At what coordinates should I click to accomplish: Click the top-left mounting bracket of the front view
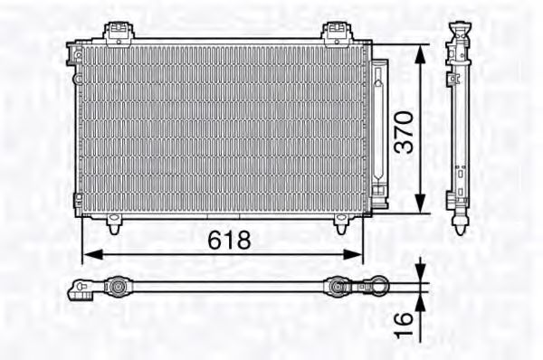[x=116, y=33]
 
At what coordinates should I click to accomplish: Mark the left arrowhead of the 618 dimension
[x=88, y=253]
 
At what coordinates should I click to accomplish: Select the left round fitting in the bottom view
[x=117, y=288]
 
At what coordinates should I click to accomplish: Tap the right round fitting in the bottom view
[x=337, y=289]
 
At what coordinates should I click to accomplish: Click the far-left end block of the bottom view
[x=80, y=290]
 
